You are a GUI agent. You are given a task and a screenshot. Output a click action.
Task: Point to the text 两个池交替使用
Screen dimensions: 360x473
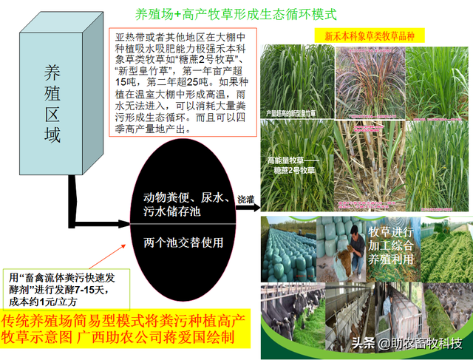[x=183, y=242]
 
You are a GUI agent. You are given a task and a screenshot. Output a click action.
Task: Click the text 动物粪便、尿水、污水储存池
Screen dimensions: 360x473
[x=183, y=204]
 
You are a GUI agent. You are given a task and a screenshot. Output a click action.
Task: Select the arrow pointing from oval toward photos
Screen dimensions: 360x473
[x=248, y=209]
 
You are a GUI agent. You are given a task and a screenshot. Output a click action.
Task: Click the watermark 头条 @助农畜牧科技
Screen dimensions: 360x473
[x=407, y=344]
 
